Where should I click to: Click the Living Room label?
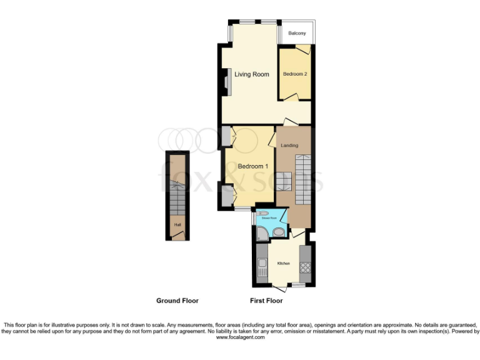pos(252,74)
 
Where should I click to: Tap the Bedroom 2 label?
pos(295,74)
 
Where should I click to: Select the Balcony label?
pos(297,33)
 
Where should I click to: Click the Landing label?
pos(289,146)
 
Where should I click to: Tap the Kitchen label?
pos(284,263)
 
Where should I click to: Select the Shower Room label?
pos(271,218)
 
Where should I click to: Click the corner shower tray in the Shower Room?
pos(262,234)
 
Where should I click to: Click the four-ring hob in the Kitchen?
pos(306,269)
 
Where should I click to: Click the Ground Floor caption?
pos(177,301)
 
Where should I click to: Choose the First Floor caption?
pos(266,301)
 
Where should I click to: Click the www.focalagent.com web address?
pos(240,337)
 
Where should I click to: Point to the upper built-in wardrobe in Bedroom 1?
pos(226,136)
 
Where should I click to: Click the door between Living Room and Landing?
pos(289,121)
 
